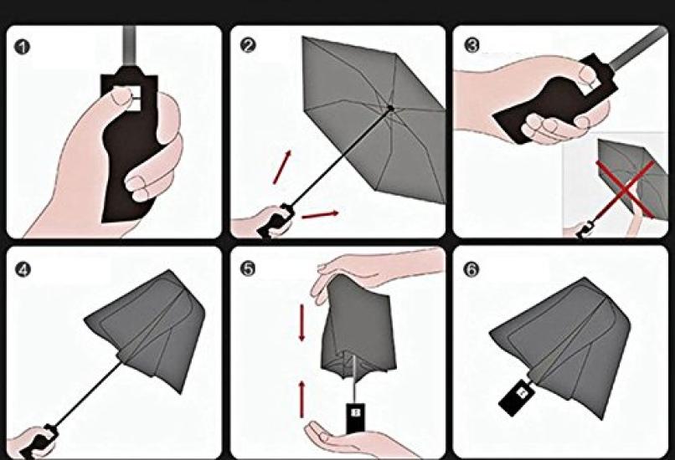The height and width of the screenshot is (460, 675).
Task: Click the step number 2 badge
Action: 247,45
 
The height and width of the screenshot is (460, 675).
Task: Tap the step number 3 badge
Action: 471,45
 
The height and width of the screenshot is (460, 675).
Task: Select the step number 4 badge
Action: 23,269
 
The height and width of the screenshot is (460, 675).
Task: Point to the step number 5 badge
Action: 247,268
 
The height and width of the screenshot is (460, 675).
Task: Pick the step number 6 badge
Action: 471,269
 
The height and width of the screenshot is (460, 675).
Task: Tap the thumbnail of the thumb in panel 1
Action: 121,98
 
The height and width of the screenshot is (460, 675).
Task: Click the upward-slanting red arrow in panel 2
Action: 282,167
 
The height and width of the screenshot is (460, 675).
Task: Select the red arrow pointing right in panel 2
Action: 320,214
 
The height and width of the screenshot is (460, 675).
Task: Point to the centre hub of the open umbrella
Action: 390,108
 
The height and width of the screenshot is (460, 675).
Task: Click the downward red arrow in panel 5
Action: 301,323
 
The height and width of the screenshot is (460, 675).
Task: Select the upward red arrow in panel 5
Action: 301,399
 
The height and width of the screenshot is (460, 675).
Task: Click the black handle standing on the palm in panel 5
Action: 355,418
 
